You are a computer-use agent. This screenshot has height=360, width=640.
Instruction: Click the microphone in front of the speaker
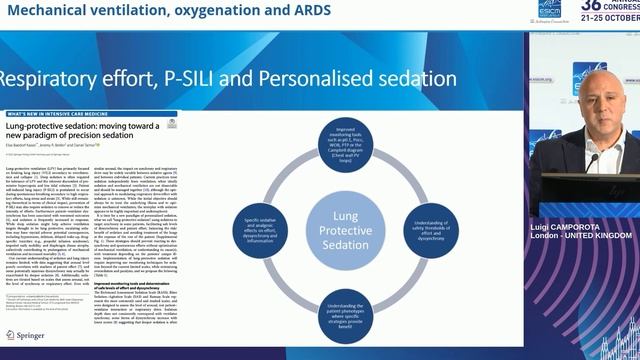point(594,160)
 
